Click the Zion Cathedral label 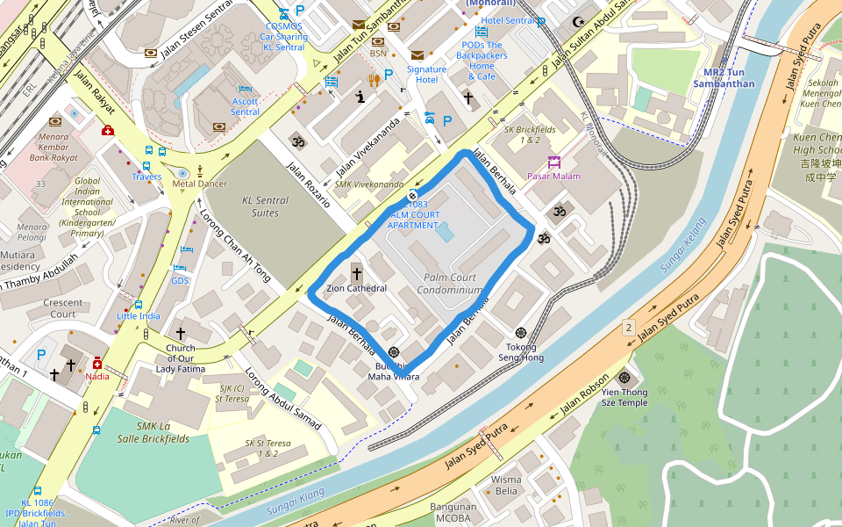pos(356,288)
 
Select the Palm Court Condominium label pos(449,284)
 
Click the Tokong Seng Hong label pos(521,352)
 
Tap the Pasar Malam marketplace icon pos(553,162)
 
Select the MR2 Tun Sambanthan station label pos(723,77)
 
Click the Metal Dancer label pos(199,184)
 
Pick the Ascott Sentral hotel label pos(245,106)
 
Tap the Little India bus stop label pos(139,316)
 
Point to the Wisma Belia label pos(506,485)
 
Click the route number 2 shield pos(628,328)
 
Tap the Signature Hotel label pos(426,74)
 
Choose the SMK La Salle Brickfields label pos(162,408)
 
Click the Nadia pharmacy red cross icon pos(96,363)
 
